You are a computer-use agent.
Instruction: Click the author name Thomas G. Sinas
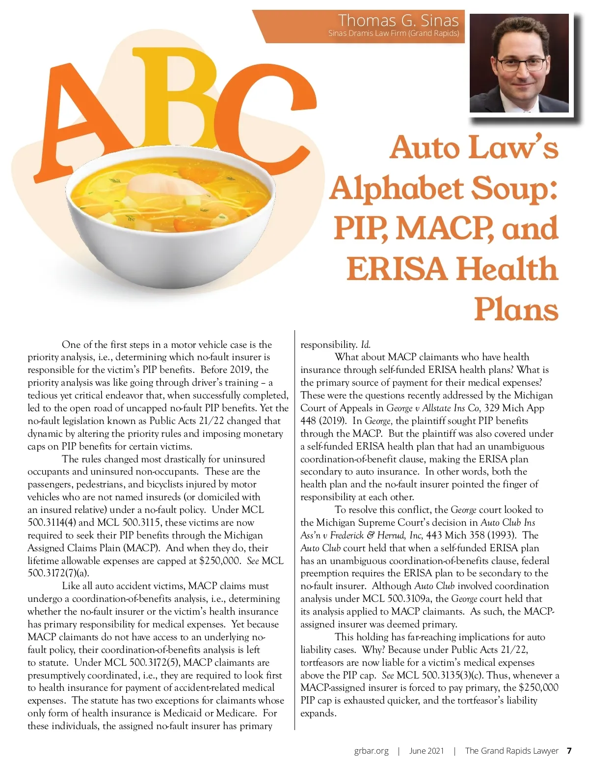[x=398, y=20]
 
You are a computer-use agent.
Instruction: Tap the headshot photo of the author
[x=519, y=63]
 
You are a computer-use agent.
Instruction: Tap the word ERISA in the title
[x=397, y=269]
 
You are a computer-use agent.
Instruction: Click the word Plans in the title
[x=516, y=310]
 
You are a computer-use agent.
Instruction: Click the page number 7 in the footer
[x=569, y=751]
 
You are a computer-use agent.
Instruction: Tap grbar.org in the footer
[x=371, y=751]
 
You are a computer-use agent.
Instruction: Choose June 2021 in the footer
[x=426, y=751]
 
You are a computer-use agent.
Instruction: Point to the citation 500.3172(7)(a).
[x=58, y=573]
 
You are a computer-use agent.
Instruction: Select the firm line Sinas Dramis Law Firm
[x=394, y=33]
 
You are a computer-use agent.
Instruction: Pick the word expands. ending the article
[x=319, y=713]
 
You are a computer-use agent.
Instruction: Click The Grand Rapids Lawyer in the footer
[x=511, y=751]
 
